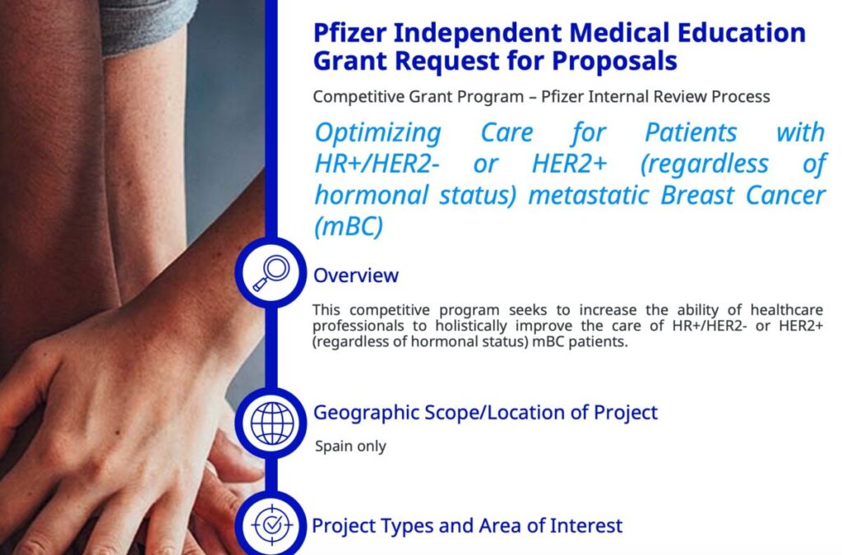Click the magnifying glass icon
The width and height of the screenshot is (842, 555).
pyautogui.click(x=271, y=273)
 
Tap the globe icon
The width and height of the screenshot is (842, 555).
pyautogui.click(x=272, y=423)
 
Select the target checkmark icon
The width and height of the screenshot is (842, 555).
pyautogui.click(x=272, y=525)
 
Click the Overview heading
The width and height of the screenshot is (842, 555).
pyautogui.click(x=355, y=275)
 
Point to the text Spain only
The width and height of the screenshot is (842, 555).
pyautogui.click(x=350, y=446)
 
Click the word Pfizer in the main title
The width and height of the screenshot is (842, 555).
pyautogui.click(x=349, y=33)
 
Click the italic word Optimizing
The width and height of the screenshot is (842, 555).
pyautogui.click(x=378, y=132)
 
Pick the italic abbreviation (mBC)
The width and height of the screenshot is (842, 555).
pyautogui.click(x=349, y=226)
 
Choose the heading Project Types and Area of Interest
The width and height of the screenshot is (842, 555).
pyautogui.click(x=467, y=525)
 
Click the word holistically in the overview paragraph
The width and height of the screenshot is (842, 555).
pyautogui.click(x=471, y=326)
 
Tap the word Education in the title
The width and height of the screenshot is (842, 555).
pyautogui.click(x=741, y=33)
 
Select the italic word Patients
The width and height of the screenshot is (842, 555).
pyautogui.click(x=691, y=132)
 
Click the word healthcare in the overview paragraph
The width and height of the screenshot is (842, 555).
pyautogui.click(x=787, y=310)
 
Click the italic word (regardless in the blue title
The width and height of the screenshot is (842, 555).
pyautogui.click(x=705, y=164)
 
